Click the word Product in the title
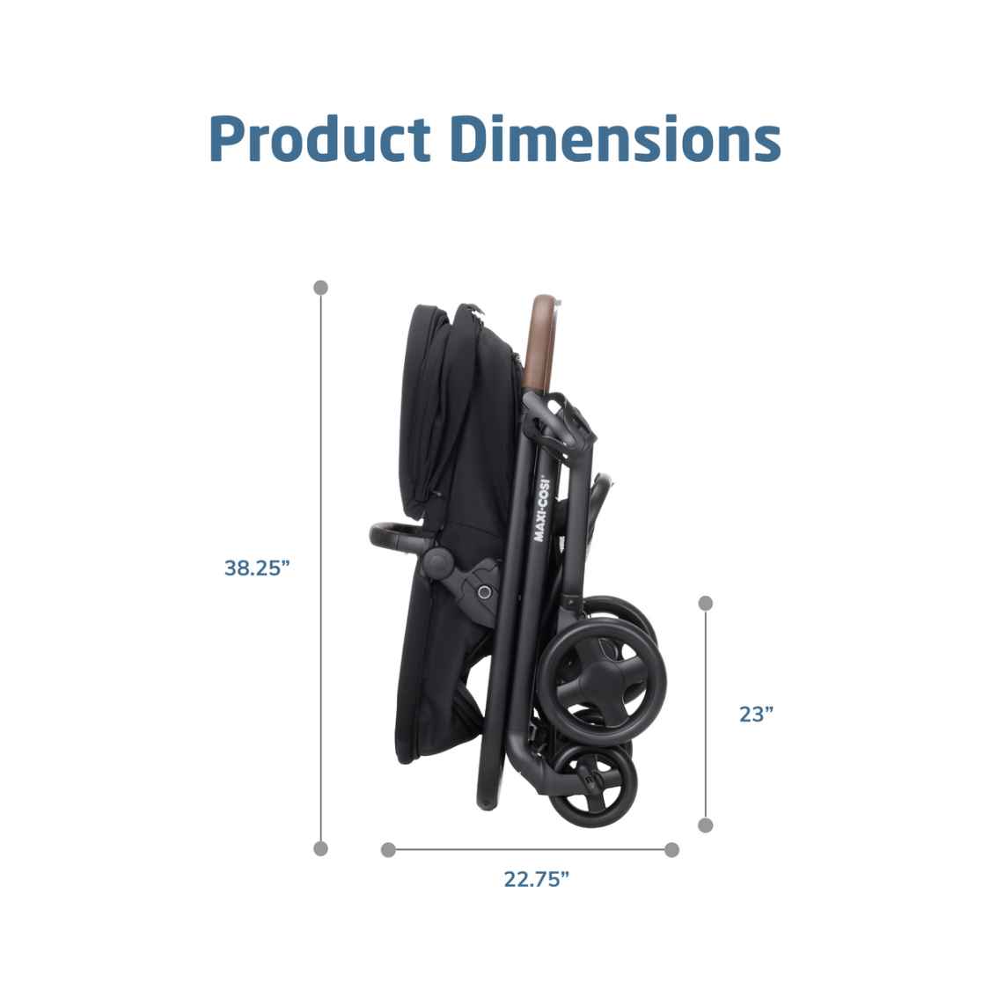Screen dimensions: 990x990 320,139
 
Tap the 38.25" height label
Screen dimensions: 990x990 256,568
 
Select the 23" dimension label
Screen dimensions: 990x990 756,714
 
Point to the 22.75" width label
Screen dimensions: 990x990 536,879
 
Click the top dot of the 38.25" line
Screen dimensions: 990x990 320,287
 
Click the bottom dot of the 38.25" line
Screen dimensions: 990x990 320,848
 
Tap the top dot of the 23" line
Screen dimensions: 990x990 706,603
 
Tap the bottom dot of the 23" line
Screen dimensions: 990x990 706,825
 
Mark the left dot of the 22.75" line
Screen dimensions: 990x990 388,850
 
